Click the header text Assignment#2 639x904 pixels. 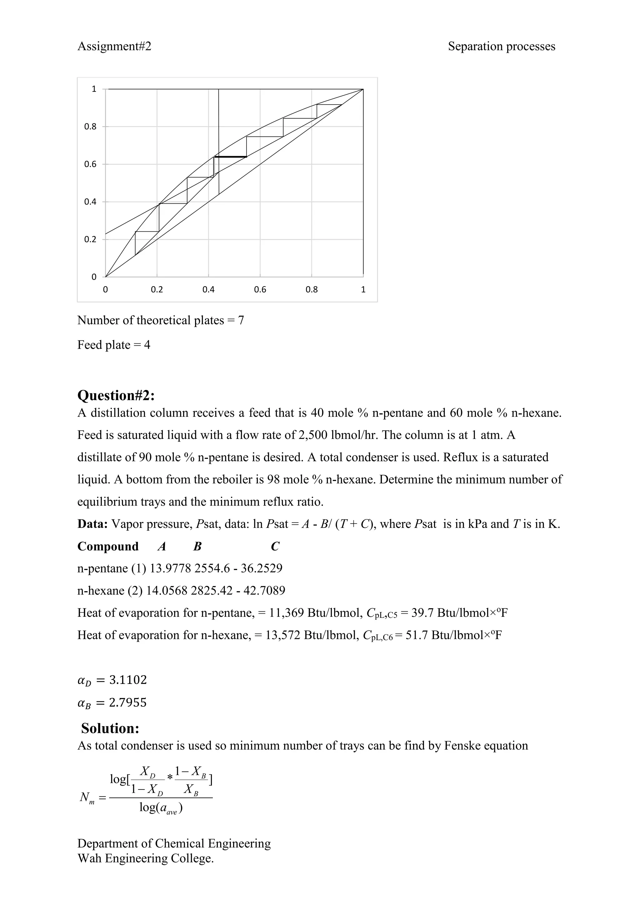[x=114, y=47]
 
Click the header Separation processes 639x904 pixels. [x=501, y=47]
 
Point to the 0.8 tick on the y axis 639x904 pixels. [x=90, y=127]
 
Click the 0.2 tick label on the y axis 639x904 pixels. [x=90, y=239]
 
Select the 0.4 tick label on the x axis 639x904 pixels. [x=208, y=290]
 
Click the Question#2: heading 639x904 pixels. [x=116, y=395]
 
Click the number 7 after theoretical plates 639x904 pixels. [x=241, y=321]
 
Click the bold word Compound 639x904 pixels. [x=108, y=547]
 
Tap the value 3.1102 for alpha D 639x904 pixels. [x=128, y=680]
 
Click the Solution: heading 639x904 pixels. [x=110, y=728]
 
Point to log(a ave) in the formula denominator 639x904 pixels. [x=161, y=808]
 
